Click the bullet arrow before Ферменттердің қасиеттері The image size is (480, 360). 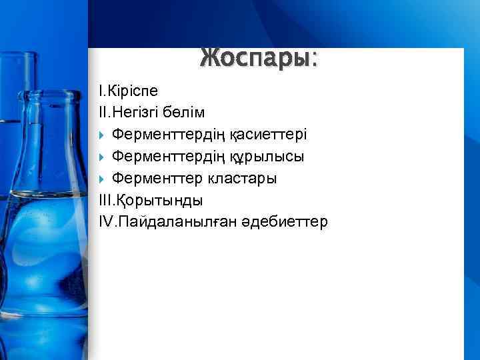click(102, 135)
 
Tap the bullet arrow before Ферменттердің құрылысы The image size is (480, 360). click(102, 157)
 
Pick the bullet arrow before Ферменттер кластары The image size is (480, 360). click(102, 179)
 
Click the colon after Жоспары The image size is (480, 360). click(314, 61)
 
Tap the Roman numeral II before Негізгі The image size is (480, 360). click(103, 112)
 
